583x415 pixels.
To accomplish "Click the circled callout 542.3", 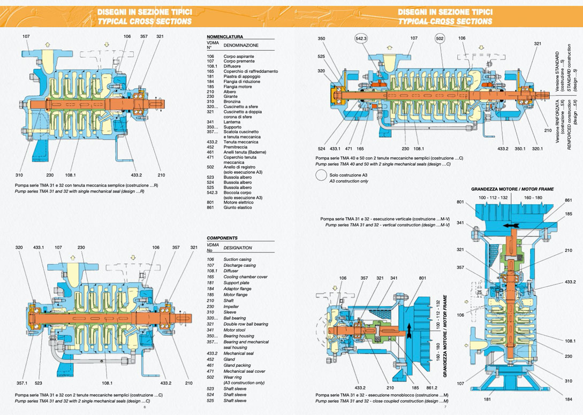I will coord(361,39).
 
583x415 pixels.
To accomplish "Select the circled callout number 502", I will coord(440,39).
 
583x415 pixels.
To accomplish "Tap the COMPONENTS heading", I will coord(222,238).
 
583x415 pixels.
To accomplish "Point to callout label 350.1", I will coord(519,149).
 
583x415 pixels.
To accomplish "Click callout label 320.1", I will coord(537,149).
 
